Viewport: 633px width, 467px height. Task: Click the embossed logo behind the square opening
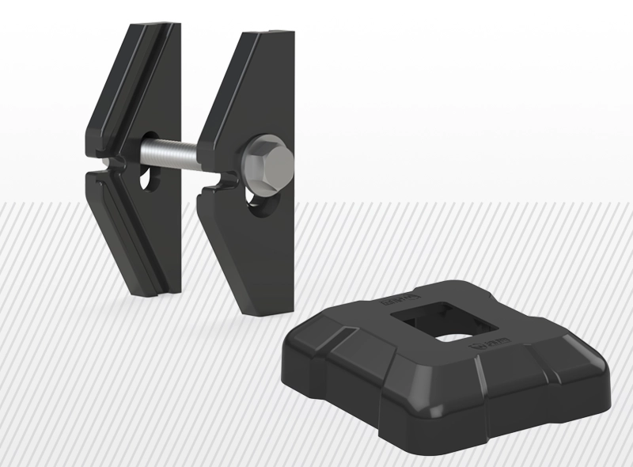click(392, 302)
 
